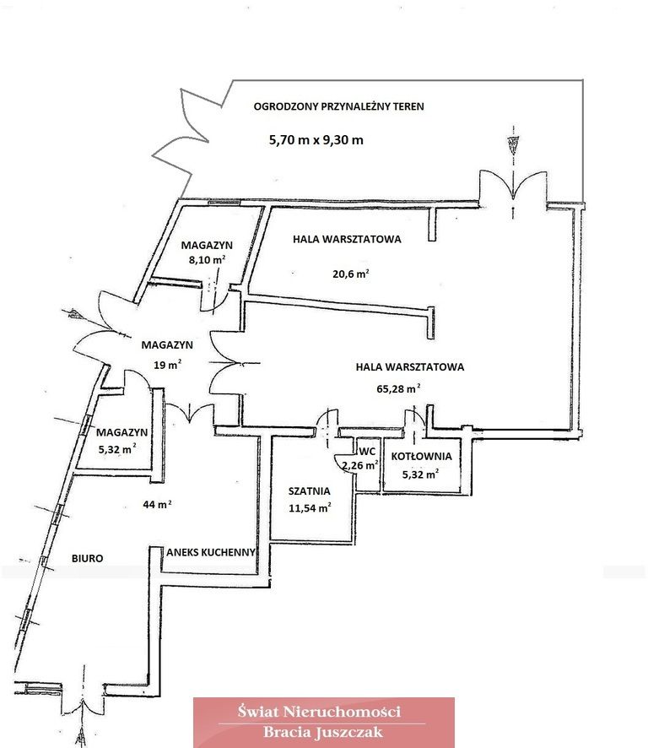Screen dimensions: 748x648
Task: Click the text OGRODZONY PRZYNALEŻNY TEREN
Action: pos(339,107)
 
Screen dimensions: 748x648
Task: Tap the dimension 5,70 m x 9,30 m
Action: pos(316,140)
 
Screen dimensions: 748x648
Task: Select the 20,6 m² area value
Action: pos(351,274)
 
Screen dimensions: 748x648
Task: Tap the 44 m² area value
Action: pos(159,505)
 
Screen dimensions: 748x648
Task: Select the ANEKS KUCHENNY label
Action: pos(210,551)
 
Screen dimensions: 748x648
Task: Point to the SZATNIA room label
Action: pos(309,491)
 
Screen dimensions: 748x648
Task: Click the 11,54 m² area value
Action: pos(309,507)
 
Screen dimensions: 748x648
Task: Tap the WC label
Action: pos(367,452)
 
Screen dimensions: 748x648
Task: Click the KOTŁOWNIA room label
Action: pos(420,457)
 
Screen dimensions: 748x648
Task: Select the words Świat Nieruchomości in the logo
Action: pos(324,712)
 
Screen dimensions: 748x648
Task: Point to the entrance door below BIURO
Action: pos(84,692)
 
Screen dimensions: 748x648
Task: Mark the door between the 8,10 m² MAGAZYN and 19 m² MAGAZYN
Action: pos(213,301)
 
